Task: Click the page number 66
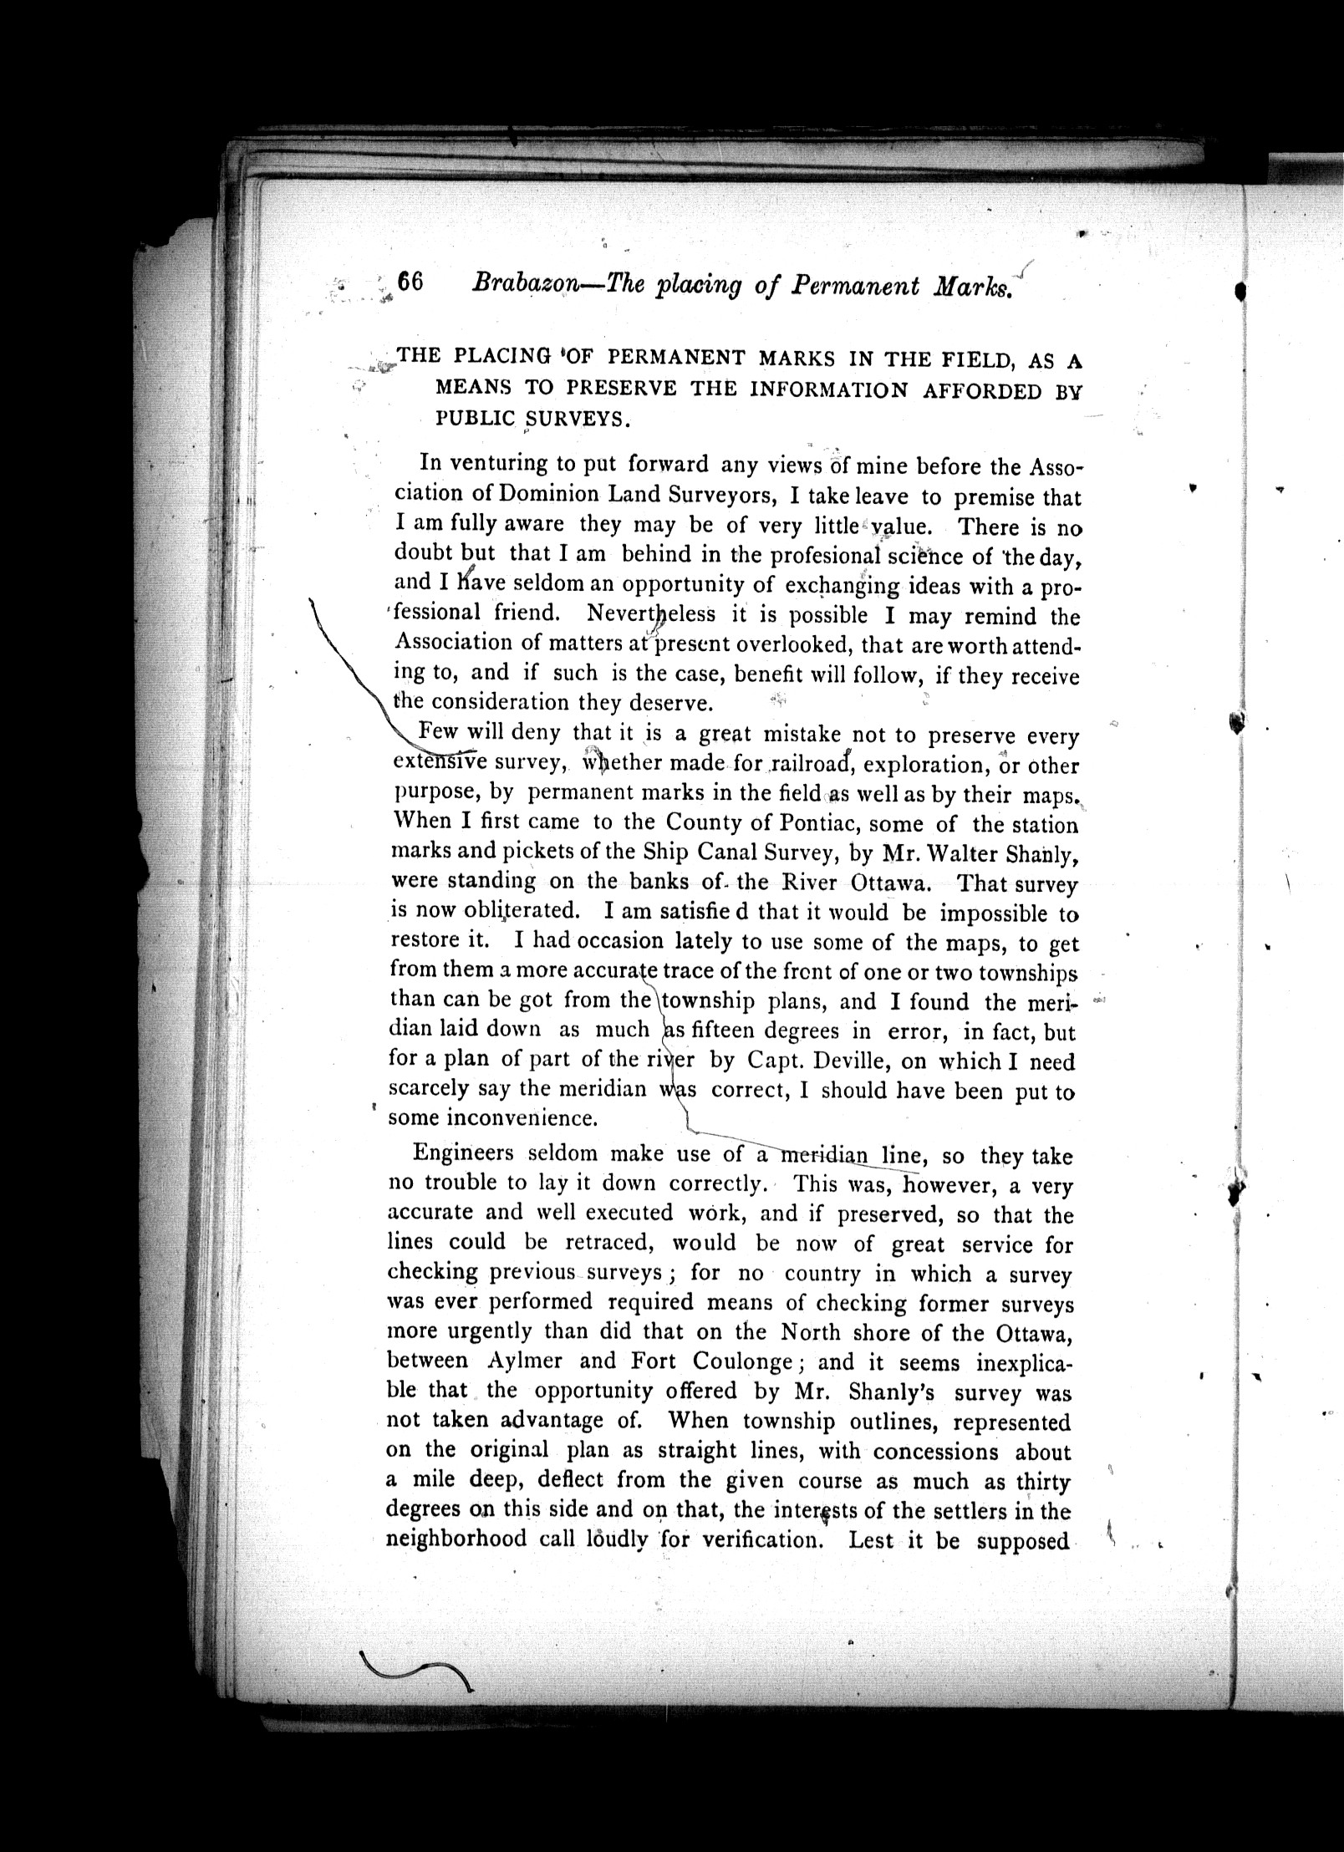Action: tap(411, 282)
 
